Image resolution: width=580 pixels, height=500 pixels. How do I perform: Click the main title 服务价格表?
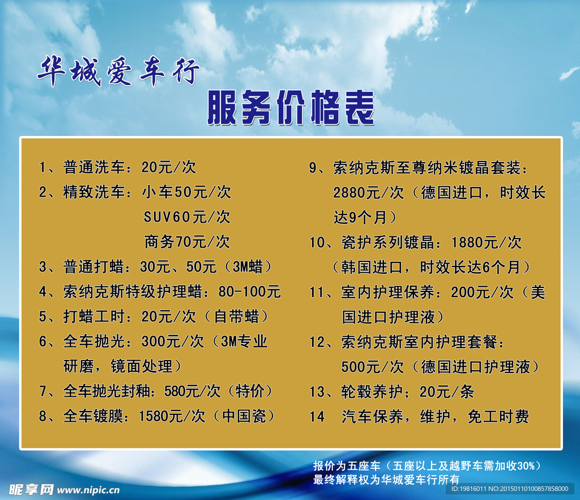pyautogui.click(x=291, y=108)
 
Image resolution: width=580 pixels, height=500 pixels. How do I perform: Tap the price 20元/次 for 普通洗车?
pyautogui.click(x=168, y=167)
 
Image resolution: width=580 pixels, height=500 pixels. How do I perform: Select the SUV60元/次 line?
pyautogui.click(x=187, y=217)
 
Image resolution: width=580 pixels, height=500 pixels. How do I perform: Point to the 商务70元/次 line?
pyautogui.click(x=187, y=242)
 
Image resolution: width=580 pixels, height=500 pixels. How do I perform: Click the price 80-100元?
pyautogui.click(x=249, y=292)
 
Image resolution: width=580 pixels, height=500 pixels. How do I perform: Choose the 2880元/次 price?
pyautogui.click(x=368, y=193)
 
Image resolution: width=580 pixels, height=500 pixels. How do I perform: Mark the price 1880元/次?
pyautogui.click(x=486, y=243)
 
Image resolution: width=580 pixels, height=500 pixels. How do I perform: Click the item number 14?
pyautogui.click(x=317, y=417)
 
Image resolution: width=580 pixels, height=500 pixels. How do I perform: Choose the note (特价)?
pyautogui.click(x=249, y=391)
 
